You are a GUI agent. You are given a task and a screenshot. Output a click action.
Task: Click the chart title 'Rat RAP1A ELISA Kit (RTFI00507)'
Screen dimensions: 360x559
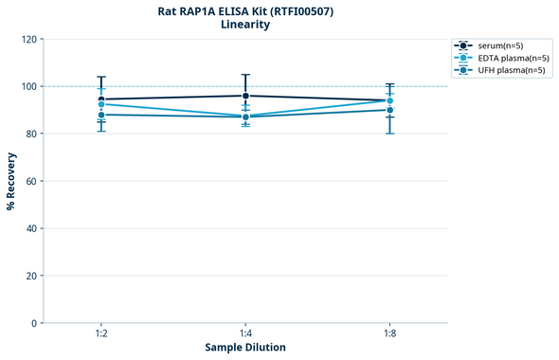coord(245,10)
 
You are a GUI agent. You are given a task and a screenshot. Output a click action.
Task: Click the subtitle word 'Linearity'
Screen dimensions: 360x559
coord(245,25)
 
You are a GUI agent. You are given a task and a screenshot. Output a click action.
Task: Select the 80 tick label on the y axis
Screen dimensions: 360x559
coord(29,134)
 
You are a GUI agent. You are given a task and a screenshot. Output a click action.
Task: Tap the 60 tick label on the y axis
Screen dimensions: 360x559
coord(29,181)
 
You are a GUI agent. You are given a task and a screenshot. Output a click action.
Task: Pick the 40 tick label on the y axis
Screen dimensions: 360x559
coord(29,228)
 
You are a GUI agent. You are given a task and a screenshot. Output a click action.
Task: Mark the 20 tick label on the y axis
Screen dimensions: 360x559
coord(29,276)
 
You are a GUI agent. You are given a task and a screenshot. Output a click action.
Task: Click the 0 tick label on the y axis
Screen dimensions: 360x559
coord(32,323)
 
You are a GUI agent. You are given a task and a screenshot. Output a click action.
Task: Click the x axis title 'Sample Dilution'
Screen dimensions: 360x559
coord(245,348)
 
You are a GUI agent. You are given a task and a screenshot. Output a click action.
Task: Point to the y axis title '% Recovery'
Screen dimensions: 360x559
coord(11,181)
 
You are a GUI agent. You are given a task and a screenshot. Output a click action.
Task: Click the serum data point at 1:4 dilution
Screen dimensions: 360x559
coord(245,96)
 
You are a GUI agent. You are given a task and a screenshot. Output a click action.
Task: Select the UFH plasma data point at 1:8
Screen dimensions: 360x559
coord(389,110)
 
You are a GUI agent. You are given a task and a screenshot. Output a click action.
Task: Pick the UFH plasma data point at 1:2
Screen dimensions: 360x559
coord(101,115)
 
